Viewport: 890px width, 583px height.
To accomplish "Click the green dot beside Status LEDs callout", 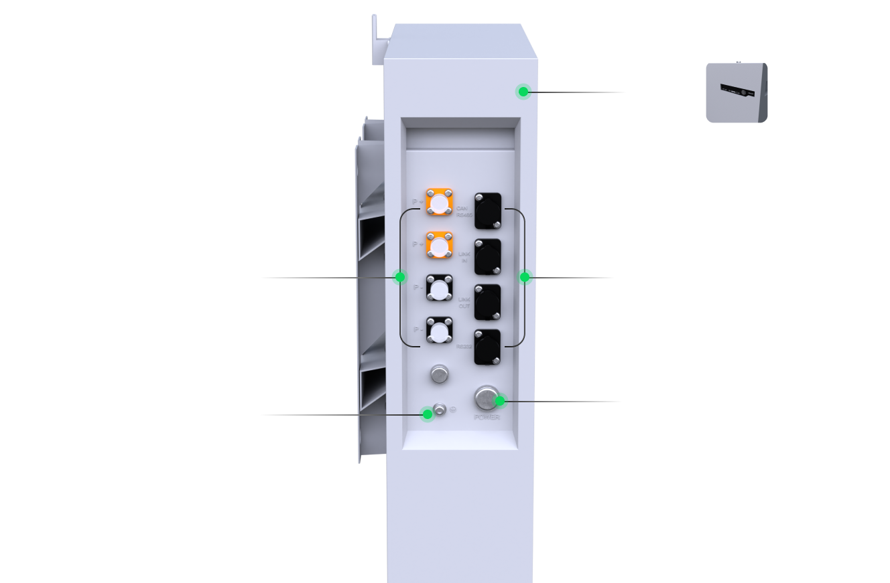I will tap(523, 92).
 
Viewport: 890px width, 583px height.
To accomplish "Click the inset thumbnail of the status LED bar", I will tap(737, 92).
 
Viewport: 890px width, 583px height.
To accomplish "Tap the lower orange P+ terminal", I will tap(439, 246).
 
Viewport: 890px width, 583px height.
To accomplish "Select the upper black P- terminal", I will tap(439, 289).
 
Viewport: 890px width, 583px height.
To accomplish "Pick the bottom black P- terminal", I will tap(439, 331).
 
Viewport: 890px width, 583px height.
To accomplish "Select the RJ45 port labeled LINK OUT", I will tap(488, 301).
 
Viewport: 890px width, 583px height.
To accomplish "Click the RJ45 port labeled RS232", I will tap(488, 347).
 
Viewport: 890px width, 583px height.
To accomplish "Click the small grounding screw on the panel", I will tap(440, 408).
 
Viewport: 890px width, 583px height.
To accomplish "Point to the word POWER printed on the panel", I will tap(487, 417).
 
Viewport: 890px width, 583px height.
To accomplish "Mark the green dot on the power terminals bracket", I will tap(400, 277).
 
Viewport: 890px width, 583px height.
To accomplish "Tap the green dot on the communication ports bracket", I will tap(525, 276).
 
